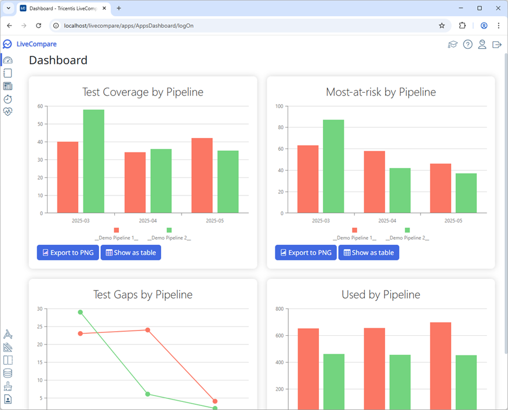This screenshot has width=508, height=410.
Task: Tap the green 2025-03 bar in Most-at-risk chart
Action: click(333, 166)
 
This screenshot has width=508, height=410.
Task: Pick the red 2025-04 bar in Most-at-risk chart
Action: click(374, 182)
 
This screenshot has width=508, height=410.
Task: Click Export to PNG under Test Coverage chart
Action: click(68, 252)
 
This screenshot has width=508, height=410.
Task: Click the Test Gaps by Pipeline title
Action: click(143, 295)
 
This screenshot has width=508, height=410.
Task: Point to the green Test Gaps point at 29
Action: click(81, 312)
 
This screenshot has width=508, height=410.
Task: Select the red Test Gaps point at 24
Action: click(148, 330)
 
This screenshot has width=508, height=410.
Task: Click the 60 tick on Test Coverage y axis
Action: click(40, 106)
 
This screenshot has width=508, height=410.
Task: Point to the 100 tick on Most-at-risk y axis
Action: click(279, 106)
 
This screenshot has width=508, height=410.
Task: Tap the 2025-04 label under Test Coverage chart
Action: click(148, 221)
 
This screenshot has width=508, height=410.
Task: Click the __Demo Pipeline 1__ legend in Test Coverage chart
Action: click(117, 238)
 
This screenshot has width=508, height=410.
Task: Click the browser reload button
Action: click(38, 26)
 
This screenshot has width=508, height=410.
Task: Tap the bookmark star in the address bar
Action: click(442, 26)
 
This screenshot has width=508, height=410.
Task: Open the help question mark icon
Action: click(467, 45)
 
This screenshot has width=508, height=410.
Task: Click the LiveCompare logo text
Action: click(37, 44)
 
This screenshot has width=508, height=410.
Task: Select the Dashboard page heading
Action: click(58, 60)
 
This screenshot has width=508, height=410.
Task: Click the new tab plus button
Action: click(119, 8)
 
